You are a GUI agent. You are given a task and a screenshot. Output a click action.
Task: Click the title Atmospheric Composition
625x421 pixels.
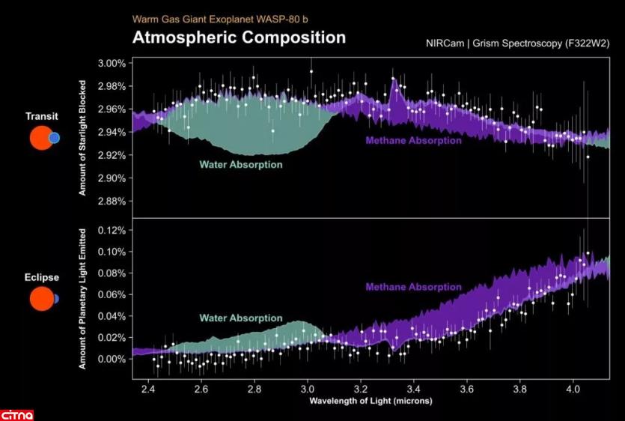[239, 37]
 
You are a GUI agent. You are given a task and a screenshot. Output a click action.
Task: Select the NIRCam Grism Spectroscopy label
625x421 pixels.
[517, 43]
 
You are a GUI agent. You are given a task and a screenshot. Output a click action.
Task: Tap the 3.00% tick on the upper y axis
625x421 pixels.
[112, 63]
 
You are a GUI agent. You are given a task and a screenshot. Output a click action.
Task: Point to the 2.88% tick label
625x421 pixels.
[112, 202]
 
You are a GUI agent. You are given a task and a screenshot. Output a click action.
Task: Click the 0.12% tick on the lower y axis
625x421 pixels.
[112, 230]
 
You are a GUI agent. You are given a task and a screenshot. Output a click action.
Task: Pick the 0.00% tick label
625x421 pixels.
[112, 359]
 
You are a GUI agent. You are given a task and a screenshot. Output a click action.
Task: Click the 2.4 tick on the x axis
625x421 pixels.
[148, 390]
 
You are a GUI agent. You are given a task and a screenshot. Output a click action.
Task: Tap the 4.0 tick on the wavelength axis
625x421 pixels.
[573, 390]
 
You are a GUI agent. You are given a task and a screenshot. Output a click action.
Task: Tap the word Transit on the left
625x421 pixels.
[42, 116]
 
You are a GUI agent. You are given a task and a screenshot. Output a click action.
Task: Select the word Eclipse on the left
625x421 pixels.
[42, 277]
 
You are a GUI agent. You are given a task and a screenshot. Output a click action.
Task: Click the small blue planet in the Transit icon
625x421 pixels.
[54, 138]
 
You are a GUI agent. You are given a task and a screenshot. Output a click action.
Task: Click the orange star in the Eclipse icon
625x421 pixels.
[40, 299]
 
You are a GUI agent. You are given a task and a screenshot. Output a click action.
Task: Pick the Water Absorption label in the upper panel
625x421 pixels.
[240, 164]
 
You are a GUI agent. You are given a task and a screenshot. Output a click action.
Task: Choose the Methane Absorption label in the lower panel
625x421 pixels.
[413, 287]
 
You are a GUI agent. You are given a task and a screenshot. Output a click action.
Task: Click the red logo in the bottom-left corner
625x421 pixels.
[16, 414]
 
